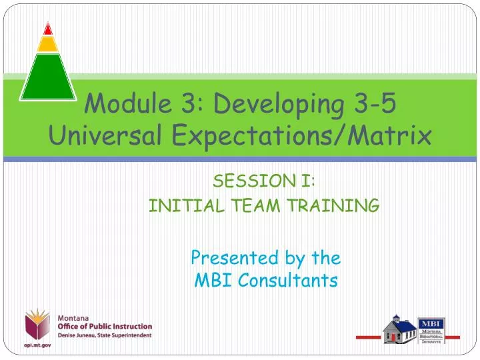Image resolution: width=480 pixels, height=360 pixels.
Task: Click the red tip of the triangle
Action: [48, 29]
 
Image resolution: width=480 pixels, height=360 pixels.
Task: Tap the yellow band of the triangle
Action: [48, 44]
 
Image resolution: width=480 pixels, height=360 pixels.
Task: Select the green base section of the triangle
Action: [47, 77]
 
